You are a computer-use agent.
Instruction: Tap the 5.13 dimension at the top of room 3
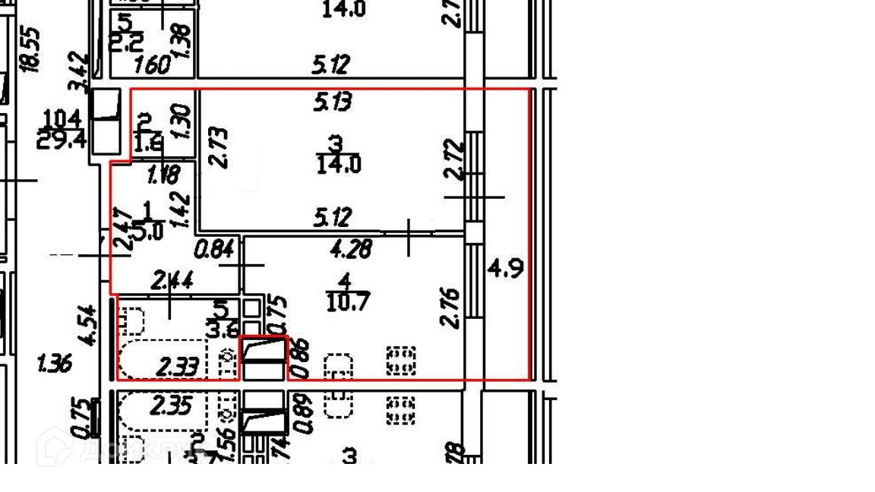(x=333, y=101)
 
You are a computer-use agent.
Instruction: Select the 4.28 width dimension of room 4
(x=351, y=249)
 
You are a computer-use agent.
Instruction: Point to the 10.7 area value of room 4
(x=348, y=304)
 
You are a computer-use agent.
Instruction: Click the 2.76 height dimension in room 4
(x=450, y=307)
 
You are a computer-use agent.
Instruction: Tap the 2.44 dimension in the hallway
(x=173, y=281)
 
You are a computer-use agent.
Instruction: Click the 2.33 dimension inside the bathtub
(x=178, y=368)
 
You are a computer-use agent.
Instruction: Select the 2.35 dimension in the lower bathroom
(x=172, y=406)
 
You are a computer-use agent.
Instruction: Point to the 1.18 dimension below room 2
(x=163, y=176)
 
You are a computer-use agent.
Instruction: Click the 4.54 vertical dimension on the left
(x=89, y=325)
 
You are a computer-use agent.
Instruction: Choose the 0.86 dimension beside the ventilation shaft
(x=302, y=358)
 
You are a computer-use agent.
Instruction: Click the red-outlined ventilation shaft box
(x=264, y=358)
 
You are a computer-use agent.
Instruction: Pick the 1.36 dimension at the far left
(x=55, y=364)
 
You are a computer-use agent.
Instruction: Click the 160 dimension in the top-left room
(x=152, y=65)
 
